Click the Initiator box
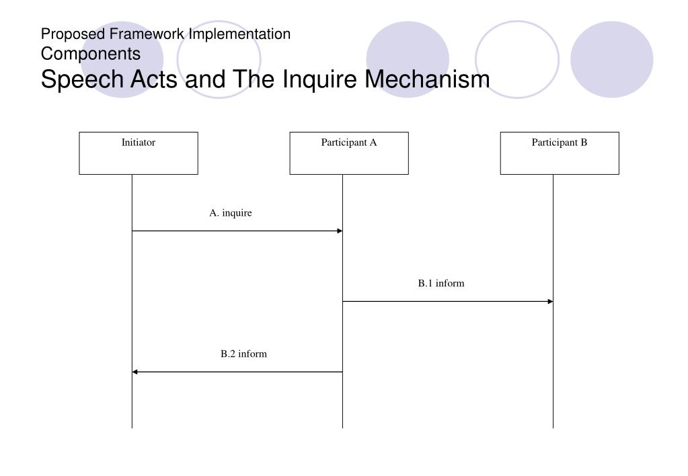pyautogui.click(x=139, y=153)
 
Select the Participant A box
pyautogui.click(x=349, y=153)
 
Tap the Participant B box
pyautogui.click(x=560, y=153)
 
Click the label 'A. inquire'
pyautogui.click(x=231, y=213)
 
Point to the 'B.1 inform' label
pyautogui.click(x=441, y=284)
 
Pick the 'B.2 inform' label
pyautogui.click(x=244, y=354)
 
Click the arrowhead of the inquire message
pyautogui.click(x=340, y=231)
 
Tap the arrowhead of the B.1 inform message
pyautogui.click(x=550, y=302)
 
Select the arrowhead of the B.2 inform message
pyautogui.click(x=135, y=372)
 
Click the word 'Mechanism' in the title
pyautogui.click(x=428, y=79)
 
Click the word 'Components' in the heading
pyautogui.click(x=91, y=53)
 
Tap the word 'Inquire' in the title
pyautogui.click(x=320, y=79)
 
